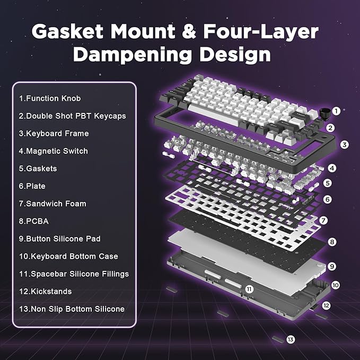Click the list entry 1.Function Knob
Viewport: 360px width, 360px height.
click(x=50, y=99)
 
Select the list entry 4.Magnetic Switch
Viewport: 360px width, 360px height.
click(x=54, y=151)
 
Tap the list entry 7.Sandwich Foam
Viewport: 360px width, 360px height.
click(x=52, y=204)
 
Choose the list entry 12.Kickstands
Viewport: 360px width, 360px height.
click(x=45, y=291)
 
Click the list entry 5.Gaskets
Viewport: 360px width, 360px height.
click(x=38, y=169)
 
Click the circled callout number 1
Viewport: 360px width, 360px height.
click(x=336, y=111)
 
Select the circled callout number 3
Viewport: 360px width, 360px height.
click(x=344, y=144)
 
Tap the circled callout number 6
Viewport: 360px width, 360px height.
click(x=328, y=200)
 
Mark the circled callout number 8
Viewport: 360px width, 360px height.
click(x=332, y=242)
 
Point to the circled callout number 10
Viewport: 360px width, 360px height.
click(x=336, y=285)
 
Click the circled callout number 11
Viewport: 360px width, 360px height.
click(x=249, y=289)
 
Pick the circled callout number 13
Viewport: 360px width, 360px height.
click(x=290, y=339)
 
